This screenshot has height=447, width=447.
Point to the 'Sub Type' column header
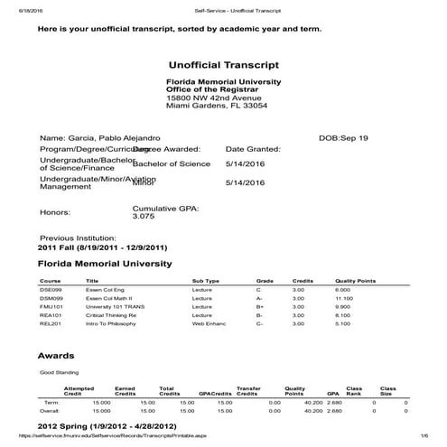206,280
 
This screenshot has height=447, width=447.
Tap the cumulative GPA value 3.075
144,217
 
